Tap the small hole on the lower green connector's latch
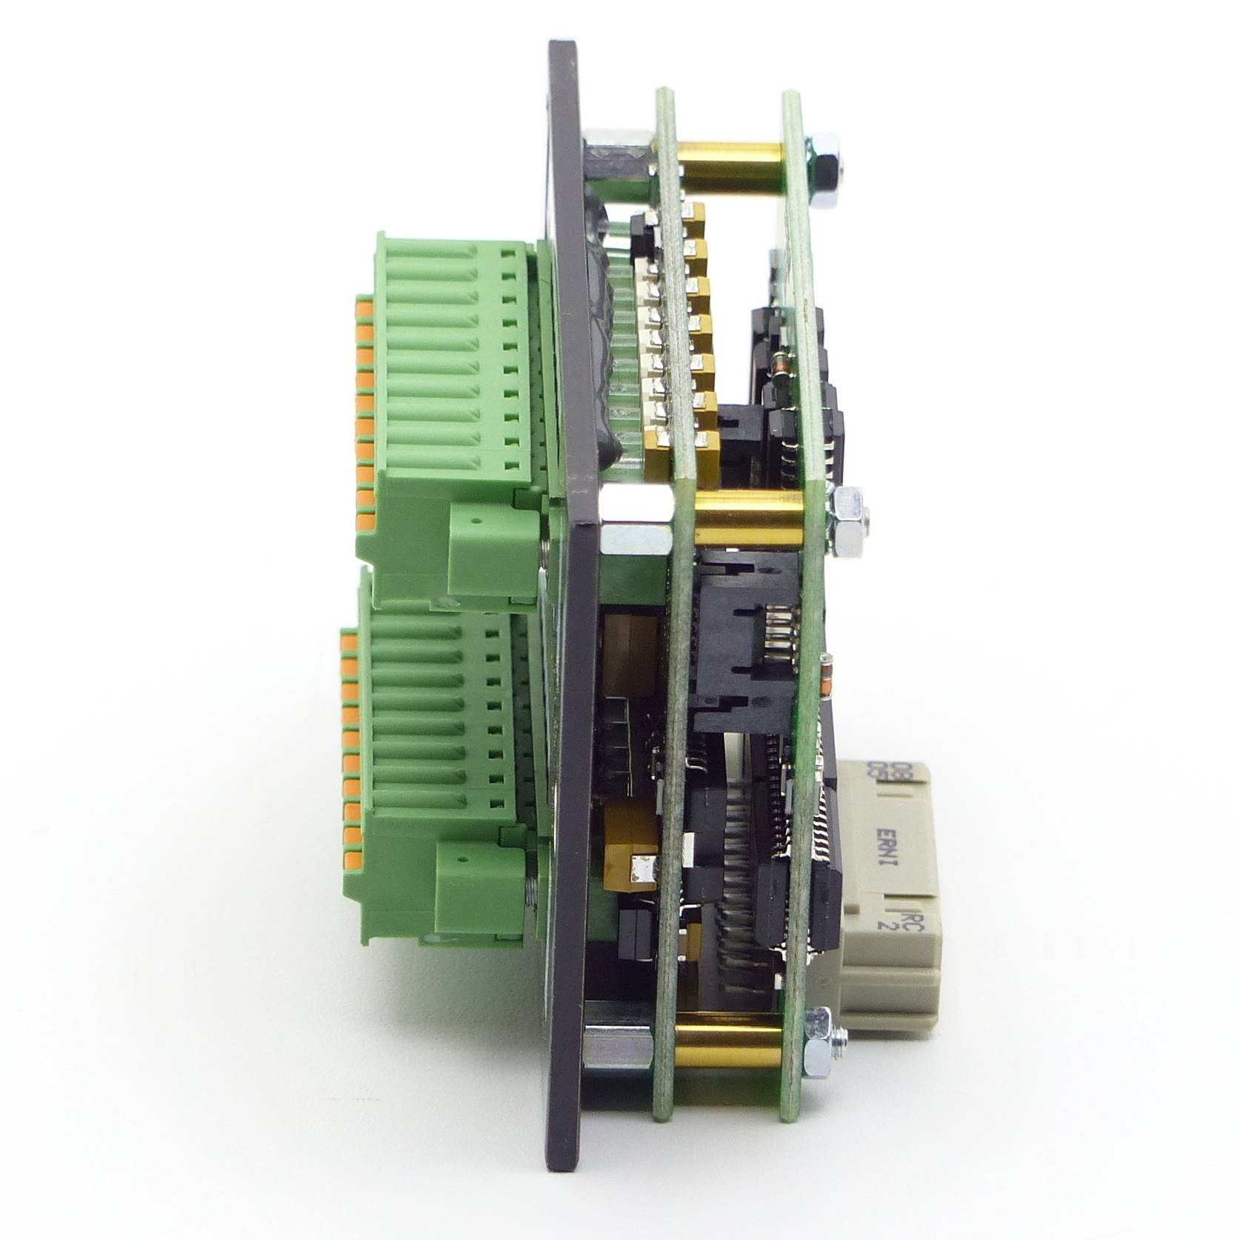[x=464, y=861]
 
